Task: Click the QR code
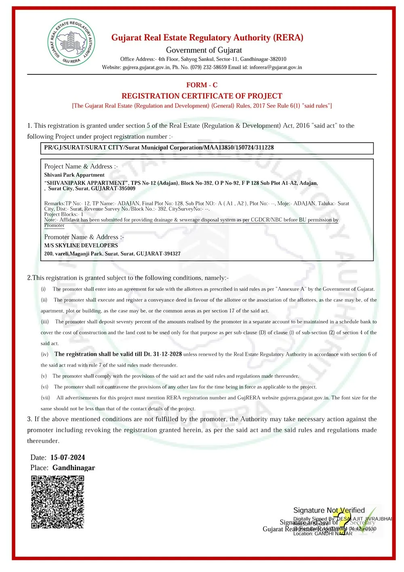click(x=58, y=502)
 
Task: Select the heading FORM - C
click(x=202, y=85)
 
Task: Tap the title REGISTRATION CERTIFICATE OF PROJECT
click(x=202, y=96)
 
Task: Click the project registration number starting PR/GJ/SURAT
click(x=159, y=148)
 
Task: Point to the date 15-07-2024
click(x=67, y=458)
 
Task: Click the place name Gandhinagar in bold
click(x=74, y=468)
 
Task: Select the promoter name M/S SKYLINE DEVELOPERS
click(x=81, y=245)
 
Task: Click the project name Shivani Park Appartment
click(x=74, y=175)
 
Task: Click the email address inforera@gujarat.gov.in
click(x=276, y=68)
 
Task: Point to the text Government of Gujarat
click(x=204, y=50)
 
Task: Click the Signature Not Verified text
click(x=329, y=510)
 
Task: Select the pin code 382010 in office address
click(x=278, y=59)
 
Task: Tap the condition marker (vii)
click(x=45, y=398)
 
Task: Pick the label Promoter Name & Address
click(x=84, y=237)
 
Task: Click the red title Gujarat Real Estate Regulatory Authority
click(x=207, y=38)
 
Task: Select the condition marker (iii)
click(x=45, y=322)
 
